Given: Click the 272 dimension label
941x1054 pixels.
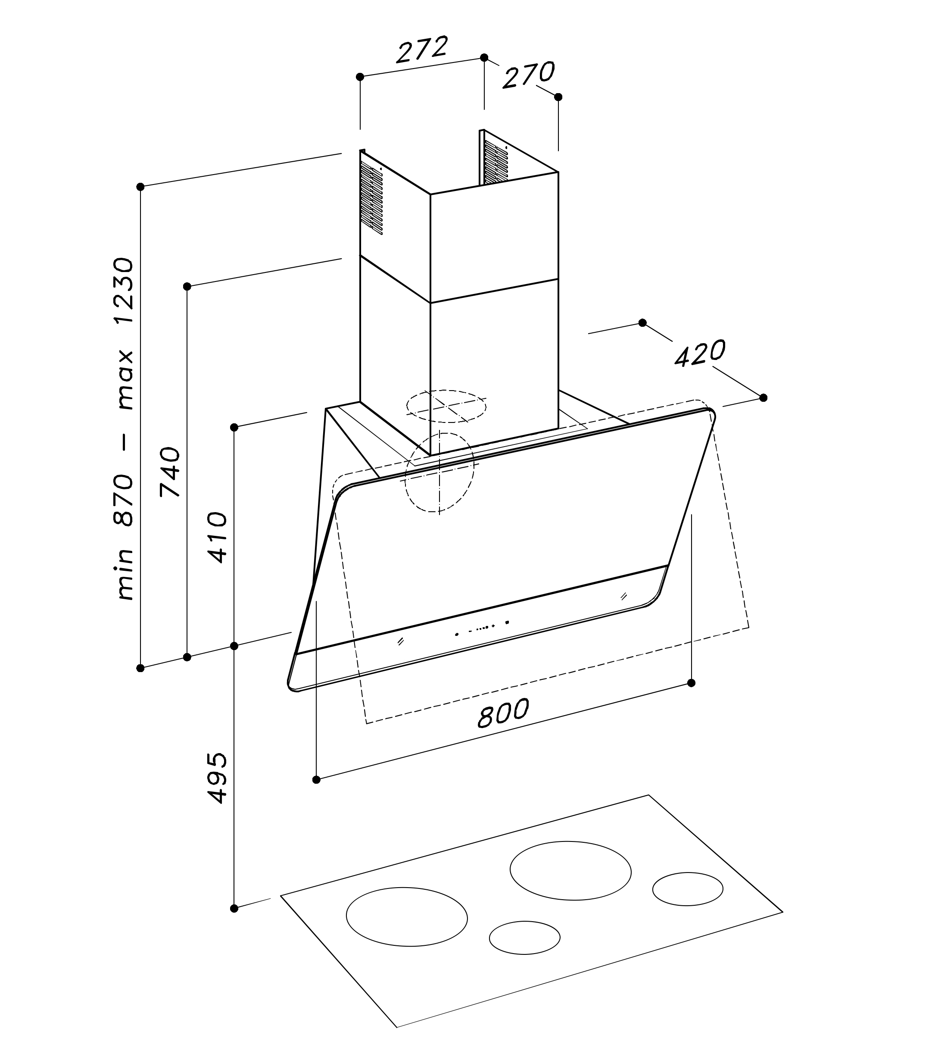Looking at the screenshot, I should pyautogui.click(x=421, y=50).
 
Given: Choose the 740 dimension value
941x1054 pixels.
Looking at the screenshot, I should pyautogui.click(x=170, y=472).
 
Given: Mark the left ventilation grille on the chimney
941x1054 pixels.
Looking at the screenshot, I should pyautogui.click(x=371, y=198).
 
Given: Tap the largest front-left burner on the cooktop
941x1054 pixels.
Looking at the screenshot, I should pyautogui.click(x=406, y=917).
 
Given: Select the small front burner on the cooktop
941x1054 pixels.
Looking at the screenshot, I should pyautogui.click(x=524, y=937).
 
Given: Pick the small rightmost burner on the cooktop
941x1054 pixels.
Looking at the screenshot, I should pyautogui.click(x=687, y=889).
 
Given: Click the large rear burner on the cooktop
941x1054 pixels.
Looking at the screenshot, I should pyautogui.click(x=570, y=870).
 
